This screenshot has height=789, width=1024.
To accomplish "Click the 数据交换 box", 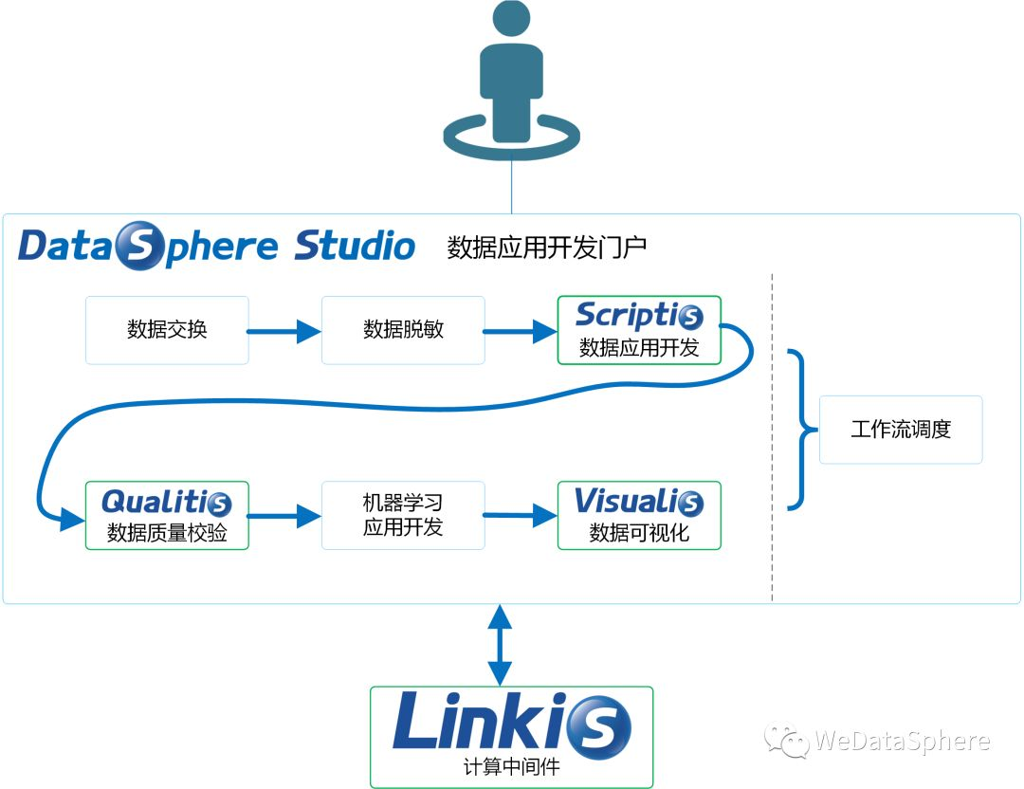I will point(167,330).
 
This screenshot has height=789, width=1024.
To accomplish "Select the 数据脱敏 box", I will point(403,330).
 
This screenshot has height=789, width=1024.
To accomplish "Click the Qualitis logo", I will point(167,502).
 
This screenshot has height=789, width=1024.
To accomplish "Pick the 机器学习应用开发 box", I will point(403,515).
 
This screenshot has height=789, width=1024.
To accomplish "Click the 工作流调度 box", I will point(901,430).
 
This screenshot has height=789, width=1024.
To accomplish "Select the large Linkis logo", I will point(512,725).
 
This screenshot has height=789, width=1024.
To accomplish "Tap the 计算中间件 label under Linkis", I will point(512,767).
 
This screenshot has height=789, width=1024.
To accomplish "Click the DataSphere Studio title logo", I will point(216,246).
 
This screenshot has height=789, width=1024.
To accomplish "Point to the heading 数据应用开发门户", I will point(547,248).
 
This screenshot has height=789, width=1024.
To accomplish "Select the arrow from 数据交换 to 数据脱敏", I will point(284,331).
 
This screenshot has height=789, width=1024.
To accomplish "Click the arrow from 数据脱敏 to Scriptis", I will point(521,331).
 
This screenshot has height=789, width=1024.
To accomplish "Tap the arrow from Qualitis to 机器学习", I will point(284,516).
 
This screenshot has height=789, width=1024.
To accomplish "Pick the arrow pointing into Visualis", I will point(521,515).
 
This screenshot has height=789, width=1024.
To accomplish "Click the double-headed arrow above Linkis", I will point(500,645).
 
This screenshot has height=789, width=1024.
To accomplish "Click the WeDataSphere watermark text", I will point(902,741).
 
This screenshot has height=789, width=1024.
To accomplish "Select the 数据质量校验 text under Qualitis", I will point(167,533).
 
